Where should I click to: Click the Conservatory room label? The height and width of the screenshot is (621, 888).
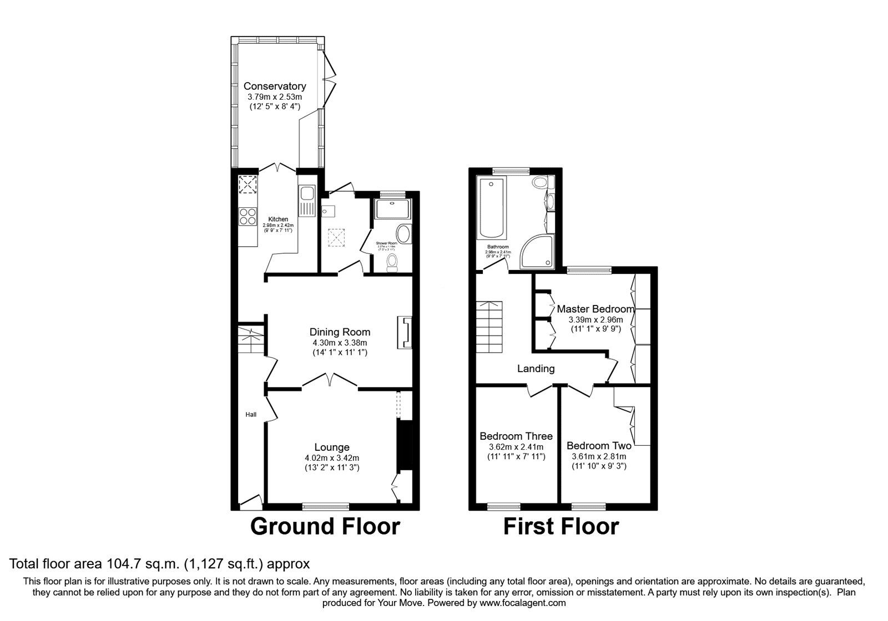click(275, 86)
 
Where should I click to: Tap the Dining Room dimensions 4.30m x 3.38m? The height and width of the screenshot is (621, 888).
click(340, 343)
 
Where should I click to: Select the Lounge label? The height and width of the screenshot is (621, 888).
click(332, 447)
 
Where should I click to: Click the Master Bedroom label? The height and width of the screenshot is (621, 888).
click(596, 309)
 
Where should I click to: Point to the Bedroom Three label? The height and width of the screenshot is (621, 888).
click(516, 436)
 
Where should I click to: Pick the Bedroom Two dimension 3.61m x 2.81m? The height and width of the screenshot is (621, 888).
click(599, 456)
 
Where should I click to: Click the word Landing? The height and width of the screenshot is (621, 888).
click(536, 369)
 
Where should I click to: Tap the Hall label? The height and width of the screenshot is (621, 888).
click(251, 414)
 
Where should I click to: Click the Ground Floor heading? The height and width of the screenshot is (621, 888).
click(325, 526)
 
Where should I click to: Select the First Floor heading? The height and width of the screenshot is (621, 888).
click(561, 526)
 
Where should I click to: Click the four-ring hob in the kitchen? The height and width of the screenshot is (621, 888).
click(247, 216)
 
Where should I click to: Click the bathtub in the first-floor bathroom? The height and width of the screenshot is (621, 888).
click(492, 208)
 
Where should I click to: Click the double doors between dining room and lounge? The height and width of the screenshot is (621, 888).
click(330, 381)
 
